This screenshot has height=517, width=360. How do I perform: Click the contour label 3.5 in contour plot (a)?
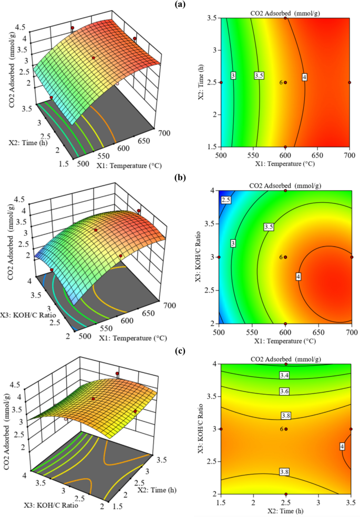pos(259,76)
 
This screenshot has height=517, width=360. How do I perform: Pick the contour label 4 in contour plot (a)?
pos(304,77)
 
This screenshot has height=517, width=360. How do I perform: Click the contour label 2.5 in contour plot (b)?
pos(226,200)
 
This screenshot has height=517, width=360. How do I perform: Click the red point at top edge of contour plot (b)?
pos(285,191)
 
